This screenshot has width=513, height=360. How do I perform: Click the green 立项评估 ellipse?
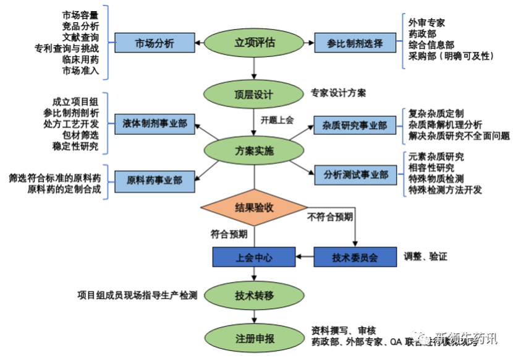(x=255, y=43)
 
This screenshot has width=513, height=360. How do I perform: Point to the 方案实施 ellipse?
(x=255, y=150)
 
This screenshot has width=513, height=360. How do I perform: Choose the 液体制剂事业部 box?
(x=155, y=123)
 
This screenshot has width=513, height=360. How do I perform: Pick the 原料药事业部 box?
(x=155, y=179)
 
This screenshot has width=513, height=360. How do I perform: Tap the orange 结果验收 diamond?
(x=255, y=208)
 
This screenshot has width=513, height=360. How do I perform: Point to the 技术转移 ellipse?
(x=255, y=295)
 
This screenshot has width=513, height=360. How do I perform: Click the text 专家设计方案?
(x=338, y=93)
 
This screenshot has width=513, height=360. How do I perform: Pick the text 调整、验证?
(x=427, y=256)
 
